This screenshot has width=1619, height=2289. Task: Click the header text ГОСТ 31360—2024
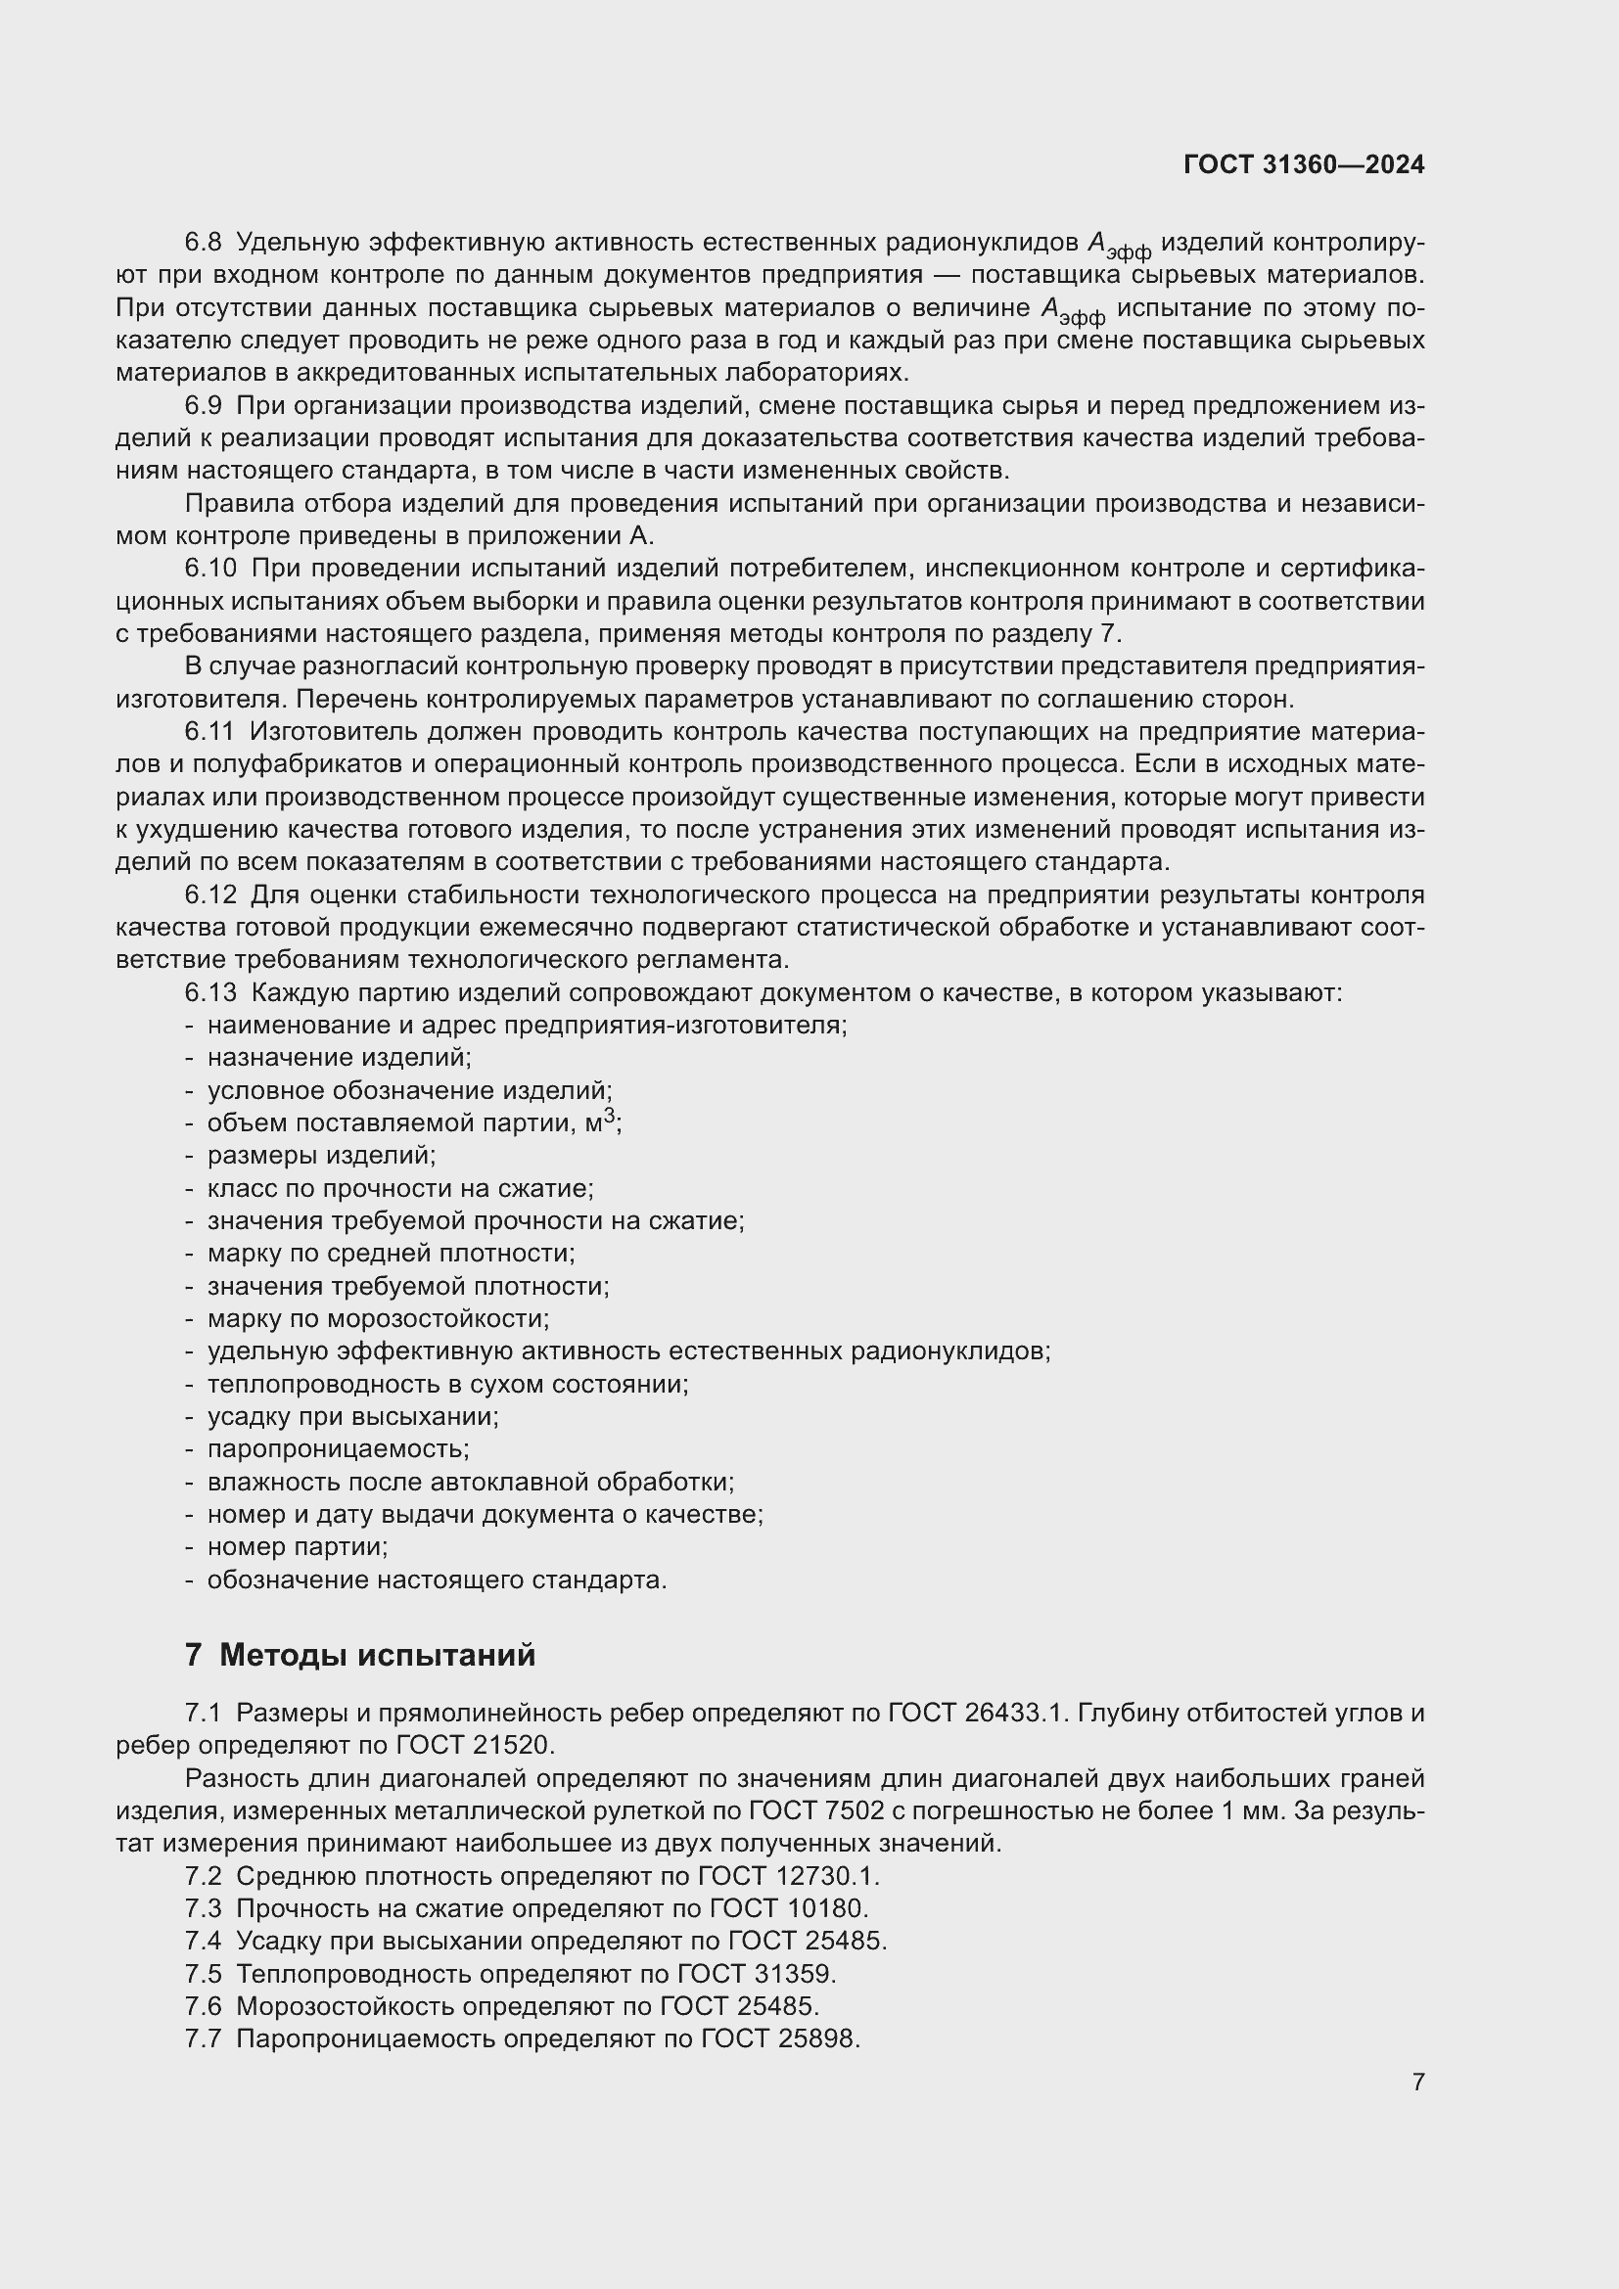(x=1303, y=165)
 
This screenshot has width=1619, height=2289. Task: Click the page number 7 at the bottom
(x=1417, y=2082)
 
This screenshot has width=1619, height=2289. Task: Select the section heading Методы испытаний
(x=377, y=1655)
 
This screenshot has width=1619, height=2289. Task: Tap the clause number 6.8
(x=204, y=243)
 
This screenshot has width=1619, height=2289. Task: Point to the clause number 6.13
(x=210, y=993)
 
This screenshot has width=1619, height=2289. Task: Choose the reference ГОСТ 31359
(x=756, y=1974)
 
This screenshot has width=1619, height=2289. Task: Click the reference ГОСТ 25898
(x=779, y=2038)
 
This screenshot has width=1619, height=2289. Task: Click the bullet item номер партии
(x=298, y=1547)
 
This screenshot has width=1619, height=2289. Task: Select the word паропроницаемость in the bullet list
(x=337, y=1448)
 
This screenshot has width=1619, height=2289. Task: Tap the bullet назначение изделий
(x=339, y=1057)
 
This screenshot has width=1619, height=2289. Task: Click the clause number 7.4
(x=204, y=1941)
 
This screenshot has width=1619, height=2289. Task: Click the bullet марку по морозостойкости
(x=378, y=1319)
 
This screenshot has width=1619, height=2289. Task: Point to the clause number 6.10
(x=210, y=569)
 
